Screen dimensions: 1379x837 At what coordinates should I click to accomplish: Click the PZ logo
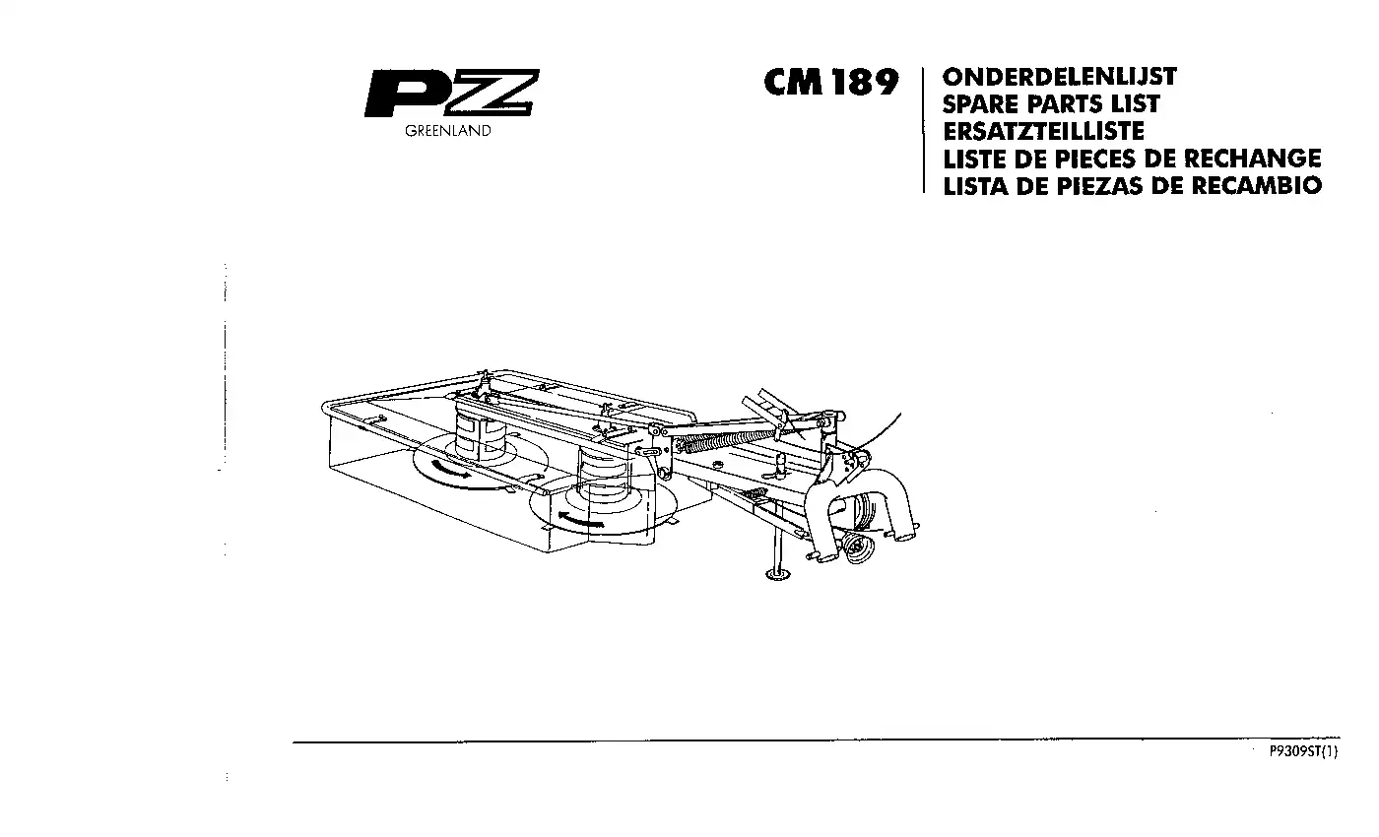pos(452,93)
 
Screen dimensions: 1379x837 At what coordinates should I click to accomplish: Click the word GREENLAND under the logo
pos(448,131)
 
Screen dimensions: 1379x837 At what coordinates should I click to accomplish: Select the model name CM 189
pos(831,82)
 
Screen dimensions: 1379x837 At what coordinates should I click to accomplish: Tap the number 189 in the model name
pos(865,82)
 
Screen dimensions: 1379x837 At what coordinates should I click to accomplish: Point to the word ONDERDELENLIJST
pos(1060,77)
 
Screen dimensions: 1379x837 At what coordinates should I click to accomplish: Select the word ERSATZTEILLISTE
pos(1043,131)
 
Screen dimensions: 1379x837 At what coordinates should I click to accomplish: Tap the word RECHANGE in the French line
pos(1252,159)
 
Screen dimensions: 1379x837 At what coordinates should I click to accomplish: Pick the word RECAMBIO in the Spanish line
pos(1257,185)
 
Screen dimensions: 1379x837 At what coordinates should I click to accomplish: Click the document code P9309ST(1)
pos(1303,751)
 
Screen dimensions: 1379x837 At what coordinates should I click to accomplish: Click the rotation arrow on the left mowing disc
pos(450,469)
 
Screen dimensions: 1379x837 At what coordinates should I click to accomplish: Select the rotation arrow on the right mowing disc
pos(581,520)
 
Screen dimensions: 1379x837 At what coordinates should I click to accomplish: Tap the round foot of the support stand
pos(777,575)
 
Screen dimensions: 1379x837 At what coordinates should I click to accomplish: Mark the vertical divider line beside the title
pos(924,130)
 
